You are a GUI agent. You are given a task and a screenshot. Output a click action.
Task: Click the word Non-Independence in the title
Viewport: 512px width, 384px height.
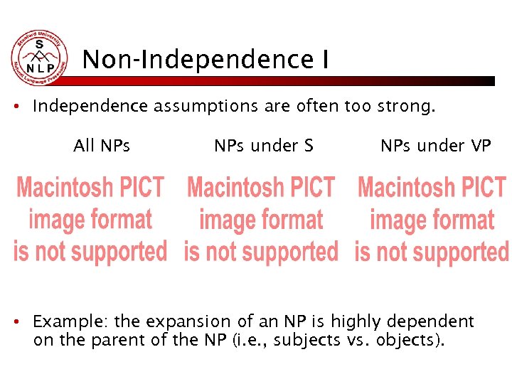[191, 60]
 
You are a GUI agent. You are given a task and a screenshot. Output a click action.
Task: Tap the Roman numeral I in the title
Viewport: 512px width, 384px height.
[324, 60]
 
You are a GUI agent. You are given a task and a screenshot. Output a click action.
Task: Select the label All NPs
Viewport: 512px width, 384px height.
[102, 146]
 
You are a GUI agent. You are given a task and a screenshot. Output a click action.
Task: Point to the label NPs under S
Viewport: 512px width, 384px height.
[263, 146]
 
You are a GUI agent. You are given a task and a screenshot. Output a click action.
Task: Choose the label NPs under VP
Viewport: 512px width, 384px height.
[435, 146]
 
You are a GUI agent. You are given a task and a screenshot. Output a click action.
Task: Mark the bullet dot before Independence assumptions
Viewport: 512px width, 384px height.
[24, 108]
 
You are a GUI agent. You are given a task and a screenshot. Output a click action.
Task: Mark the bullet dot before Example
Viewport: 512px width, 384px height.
[24, 322]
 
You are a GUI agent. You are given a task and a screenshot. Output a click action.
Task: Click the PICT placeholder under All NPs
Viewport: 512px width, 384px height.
[90, 219]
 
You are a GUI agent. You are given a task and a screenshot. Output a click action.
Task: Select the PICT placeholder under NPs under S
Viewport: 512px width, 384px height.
[261, 219]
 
